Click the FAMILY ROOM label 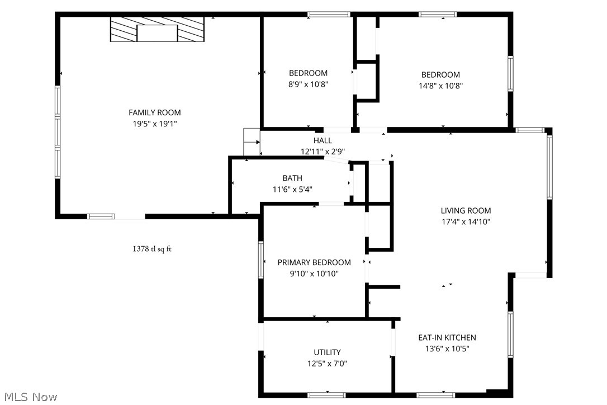155,112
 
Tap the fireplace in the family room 157,29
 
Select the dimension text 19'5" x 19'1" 155,124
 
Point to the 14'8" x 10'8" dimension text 440,86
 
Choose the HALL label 323,140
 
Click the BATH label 292,178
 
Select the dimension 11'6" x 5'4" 292,189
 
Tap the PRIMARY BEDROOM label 314,262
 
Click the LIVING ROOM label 466,210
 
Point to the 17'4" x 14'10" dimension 466,222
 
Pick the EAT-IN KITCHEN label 447,337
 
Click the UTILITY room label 327,352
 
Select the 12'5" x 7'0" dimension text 327,364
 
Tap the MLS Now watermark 29,397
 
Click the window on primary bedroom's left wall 260,259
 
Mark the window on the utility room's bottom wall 327,395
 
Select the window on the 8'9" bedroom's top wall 329,15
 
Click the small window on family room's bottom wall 101,216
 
